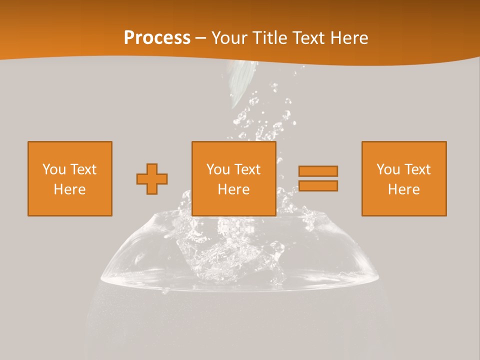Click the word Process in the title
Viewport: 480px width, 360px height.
click(157, 38)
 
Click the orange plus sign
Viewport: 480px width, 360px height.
click(152, 179)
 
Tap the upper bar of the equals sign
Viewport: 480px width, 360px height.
click(318, 171)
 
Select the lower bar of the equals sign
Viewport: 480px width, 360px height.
click(318, 185)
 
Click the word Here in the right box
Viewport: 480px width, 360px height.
click(403, 189)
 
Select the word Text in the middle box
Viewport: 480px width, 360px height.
click(247, 169)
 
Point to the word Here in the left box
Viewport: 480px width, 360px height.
click(69, 189)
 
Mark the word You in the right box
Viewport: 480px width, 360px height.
click(387, 169)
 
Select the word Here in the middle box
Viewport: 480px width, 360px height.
click(233, 189)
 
